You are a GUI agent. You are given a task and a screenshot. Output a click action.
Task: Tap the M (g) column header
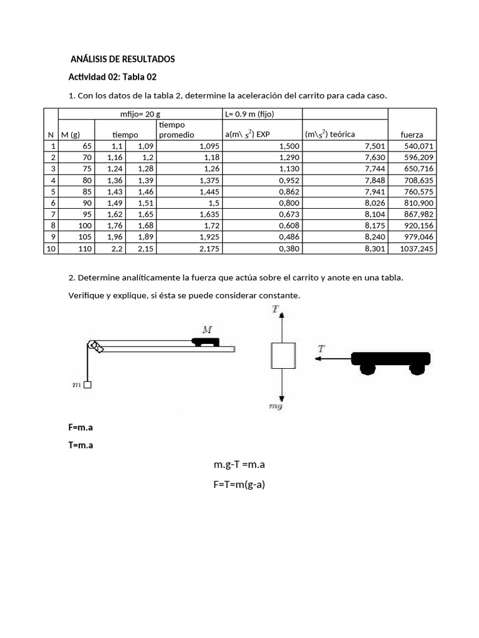point(70,135)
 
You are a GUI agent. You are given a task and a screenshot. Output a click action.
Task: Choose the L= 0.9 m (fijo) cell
point(249,113)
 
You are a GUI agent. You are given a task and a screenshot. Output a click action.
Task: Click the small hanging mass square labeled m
point(87,384)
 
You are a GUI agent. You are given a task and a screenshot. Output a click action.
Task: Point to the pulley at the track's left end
point(95,346)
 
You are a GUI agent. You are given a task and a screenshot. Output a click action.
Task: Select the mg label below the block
point(276,406)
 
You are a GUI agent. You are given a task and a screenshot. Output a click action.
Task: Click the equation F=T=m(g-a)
point(239,484)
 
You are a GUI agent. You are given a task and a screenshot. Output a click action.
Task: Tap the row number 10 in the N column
point(51,249)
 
